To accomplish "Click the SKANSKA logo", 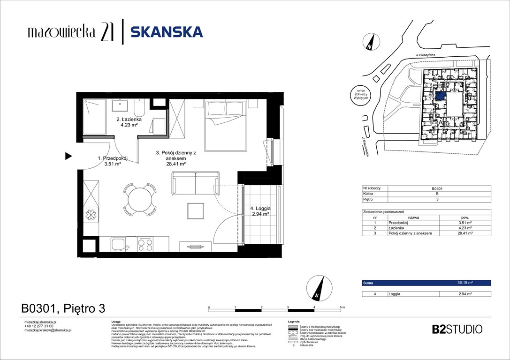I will [x=166, y=32].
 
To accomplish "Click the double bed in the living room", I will [x=225, y=126].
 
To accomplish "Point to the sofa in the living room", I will [x=195, y=183].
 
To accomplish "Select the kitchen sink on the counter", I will [x=118, y=245].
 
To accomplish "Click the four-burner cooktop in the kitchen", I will [x=145, y=245].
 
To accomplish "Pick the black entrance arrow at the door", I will [x=69, y=156].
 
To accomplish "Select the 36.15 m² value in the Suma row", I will [x=464, y=283].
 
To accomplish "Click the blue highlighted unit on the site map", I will [x=441, y=96].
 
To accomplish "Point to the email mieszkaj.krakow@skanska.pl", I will [x=47, y=330].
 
